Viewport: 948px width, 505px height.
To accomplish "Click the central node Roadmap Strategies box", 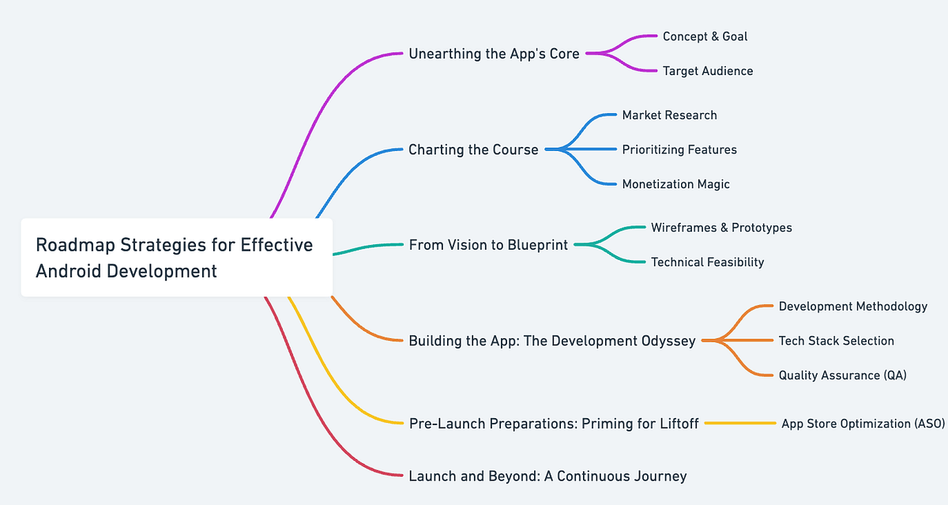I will click(176, 258).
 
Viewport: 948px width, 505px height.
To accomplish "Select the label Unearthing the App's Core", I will click(494, 54).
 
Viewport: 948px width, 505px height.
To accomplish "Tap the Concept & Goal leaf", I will click(705, 36).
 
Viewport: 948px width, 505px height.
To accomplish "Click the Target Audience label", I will click(708, 71).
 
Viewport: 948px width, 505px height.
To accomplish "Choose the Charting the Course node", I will click(473, 149).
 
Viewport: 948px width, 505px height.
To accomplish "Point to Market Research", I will click(669, 115).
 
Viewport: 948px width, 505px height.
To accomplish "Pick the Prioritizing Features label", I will click(679, 149).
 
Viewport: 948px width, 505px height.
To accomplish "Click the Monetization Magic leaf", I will click(675, 184).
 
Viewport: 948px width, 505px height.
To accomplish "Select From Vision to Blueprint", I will click(488, 245).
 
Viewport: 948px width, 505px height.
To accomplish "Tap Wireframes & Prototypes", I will click(721, 228).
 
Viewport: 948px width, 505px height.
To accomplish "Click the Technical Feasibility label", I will click(707, 262).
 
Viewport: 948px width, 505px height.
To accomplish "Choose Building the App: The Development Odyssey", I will click(552, 341).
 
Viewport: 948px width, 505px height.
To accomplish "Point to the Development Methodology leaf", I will click(852, 306).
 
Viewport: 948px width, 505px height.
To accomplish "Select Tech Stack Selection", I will click(836, 341).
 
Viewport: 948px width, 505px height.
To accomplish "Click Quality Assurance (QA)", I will click(842, 375).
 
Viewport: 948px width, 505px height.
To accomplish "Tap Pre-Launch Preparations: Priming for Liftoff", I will click(554, 424).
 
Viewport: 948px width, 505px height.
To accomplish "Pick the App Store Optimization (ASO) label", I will click(863, 424).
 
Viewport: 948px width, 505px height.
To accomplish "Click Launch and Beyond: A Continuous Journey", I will click(547, 476).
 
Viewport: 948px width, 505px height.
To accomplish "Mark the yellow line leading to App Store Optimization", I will click(740, 424).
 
